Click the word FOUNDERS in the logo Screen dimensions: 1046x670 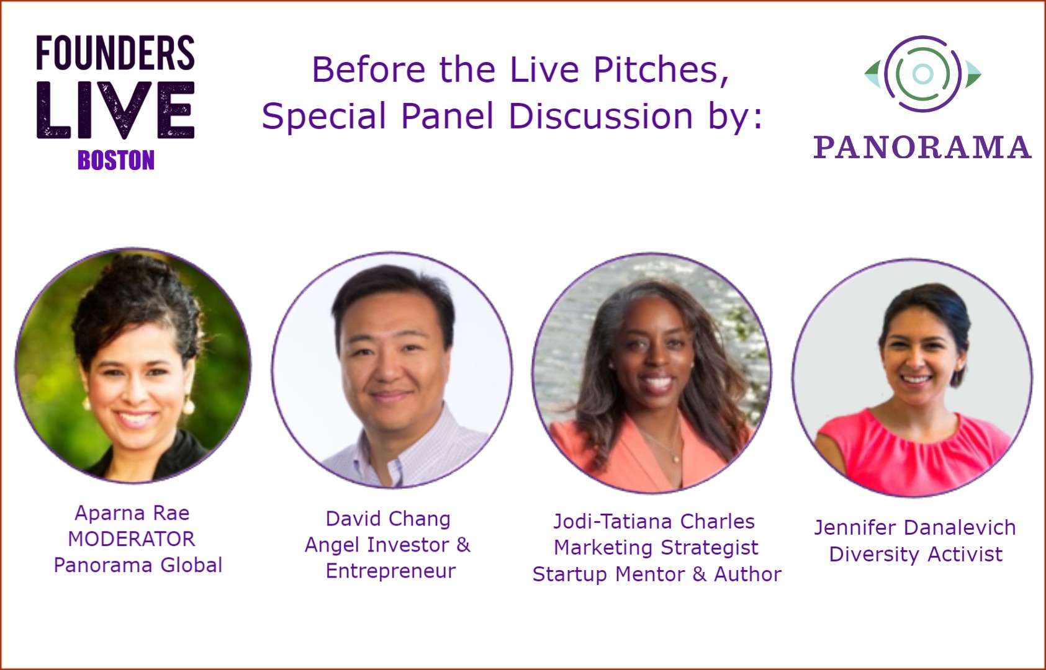coord(115,53)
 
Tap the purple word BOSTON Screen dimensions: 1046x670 coord(116,161)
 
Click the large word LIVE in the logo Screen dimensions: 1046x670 coord(115,110)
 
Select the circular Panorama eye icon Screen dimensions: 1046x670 coord(922,74)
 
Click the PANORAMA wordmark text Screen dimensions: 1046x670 coord(922,148)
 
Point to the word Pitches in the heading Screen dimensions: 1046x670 coord(661,70)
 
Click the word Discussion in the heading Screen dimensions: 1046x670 coord(600,116)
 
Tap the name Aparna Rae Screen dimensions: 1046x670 coord(132,513)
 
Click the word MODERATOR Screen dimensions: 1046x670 coord(132,539)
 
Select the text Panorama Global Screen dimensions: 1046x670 coord(138,565)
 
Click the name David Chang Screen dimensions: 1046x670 coord(388,519)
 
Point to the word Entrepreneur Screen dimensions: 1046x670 coord(390,571)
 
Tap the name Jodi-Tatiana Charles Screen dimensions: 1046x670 coord(654,521)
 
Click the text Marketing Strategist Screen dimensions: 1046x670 coord(656,548)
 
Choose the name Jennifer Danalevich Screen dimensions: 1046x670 coord(915,528)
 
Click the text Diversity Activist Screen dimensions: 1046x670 coord(916,554)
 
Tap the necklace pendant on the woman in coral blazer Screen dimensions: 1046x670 coord(675,460)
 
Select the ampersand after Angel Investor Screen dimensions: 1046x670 coord(463,545)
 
